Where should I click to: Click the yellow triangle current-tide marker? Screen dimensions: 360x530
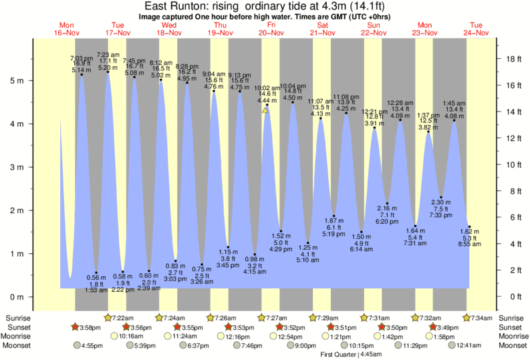[x=265, y=110]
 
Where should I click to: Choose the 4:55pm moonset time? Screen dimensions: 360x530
[x=92, y=346]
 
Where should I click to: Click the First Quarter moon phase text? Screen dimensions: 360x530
[x=338, y=354]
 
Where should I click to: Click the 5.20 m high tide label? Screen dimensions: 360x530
[x=108, y=67]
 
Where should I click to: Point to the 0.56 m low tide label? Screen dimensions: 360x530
[x=97, y=277]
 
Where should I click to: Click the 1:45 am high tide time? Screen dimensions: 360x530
[x=454, y=103]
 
